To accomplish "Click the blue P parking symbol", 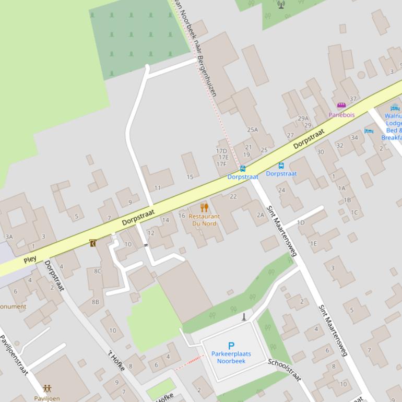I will [231, 345].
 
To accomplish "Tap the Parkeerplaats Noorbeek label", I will [231, 357].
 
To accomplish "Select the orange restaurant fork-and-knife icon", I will [204, 207].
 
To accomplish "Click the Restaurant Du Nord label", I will [204, 220].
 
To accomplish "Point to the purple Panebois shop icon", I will [341, 105].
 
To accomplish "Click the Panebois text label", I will [341, 114].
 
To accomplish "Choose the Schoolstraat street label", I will [285, 370].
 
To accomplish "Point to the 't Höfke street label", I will [116, 360].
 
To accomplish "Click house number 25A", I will [253, 129].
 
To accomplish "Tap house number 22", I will [233, 196].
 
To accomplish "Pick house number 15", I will [190, 177].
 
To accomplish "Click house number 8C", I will [98, 271].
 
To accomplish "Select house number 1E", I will [313, 243].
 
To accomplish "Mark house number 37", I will [353, 99].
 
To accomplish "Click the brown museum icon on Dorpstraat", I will [92, 243].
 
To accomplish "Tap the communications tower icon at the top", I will [281, 5].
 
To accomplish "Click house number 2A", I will [261, 215].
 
